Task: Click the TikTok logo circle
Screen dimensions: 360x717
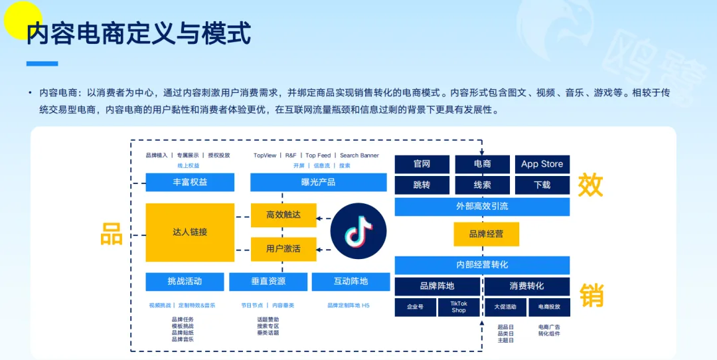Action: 358,230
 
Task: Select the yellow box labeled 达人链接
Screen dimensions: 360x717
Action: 190,232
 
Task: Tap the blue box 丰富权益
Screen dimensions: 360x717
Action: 190,182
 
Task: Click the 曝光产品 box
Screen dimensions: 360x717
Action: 318,182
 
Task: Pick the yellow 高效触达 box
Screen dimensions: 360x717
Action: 283,215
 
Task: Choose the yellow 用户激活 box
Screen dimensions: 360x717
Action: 283,248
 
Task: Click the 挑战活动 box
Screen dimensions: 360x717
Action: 185,282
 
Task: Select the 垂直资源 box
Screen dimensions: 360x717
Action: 268,282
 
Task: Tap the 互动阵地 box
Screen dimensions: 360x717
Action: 351,282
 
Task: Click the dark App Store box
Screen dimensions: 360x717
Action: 542,164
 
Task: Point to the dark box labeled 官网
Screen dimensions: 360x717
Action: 422,164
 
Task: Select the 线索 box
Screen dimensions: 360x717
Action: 482,185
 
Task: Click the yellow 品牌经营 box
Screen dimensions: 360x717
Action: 486,234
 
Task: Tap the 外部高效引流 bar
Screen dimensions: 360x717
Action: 482,207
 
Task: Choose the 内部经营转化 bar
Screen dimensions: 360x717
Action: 482,265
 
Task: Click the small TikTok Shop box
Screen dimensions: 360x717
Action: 459,307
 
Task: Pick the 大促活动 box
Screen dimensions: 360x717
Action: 505,307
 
